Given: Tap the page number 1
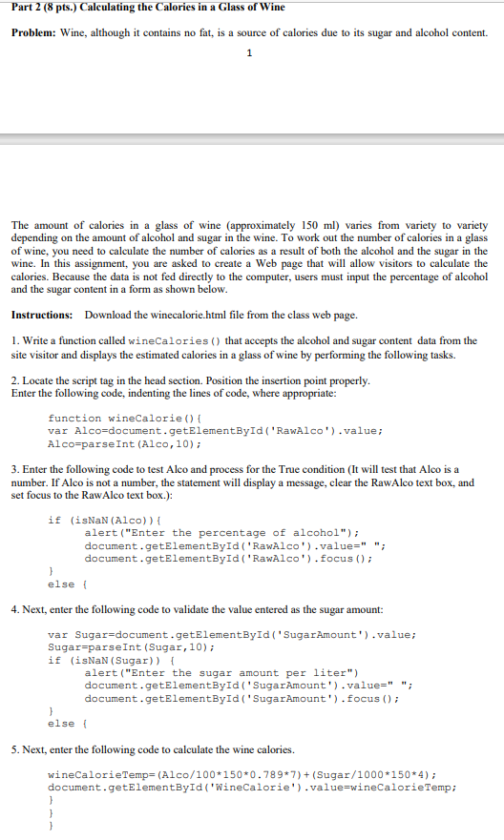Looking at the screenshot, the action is [249, 53].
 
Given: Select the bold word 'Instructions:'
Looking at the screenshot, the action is [42, 314].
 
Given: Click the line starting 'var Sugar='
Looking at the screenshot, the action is [232, 634].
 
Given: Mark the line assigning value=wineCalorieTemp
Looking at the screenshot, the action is [252, 788].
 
